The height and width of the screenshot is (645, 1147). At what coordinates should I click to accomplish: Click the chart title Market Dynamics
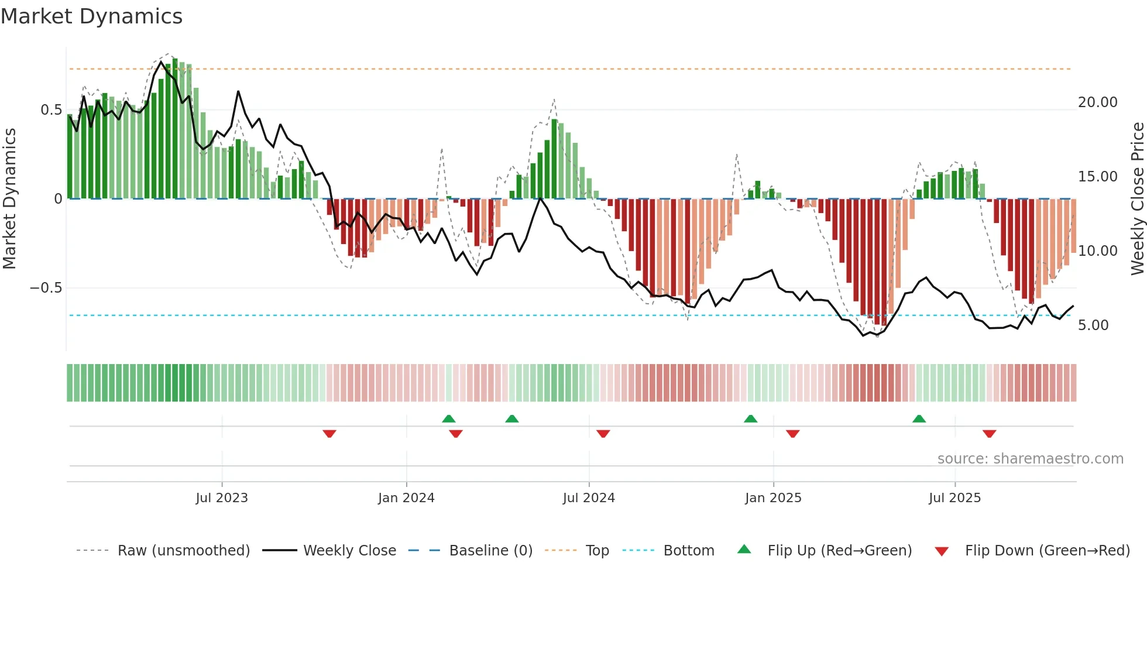click(91, 16)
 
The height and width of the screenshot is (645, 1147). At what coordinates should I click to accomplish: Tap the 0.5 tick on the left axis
click(51, 110)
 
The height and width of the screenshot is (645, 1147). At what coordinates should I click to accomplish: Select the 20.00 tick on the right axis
click(1097, 102)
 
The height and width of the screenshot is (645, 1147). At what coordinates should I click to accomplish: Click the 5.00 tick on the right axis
click(1093, 325)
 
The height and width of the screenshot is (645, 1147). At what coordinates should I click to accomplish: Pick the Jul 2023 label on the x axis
click(222, 498)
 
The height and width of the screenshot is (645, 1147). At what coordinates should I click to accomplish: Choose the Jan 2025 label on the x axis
click(773, 498)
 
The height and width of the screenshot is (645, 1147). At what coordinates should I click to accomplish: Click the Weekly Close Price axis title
click(1137, 199)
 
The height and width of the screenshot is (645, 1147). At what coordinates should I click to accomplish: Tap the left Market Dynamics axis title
click(9, 199)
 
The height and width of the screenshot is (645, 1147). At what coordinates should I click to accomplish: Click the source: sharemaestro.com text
click(1030, 459)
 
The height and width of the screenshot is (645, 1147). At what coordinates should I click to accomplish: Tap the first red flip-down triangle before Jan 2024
click(329, 434)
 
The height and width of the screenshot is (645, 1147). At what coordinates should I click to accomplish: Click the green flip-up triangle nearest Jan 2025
click(750, 418)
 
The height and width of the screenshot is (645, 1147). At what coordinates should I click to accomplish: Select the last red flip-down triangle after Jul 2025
click(989, 434)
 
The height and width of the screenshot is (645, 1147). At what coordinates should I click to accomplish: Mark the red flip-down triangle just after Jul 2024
click(603, 434)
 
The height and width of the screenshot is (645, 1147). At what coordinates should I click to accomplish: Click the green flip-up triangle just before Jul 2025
click(919, 418)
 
